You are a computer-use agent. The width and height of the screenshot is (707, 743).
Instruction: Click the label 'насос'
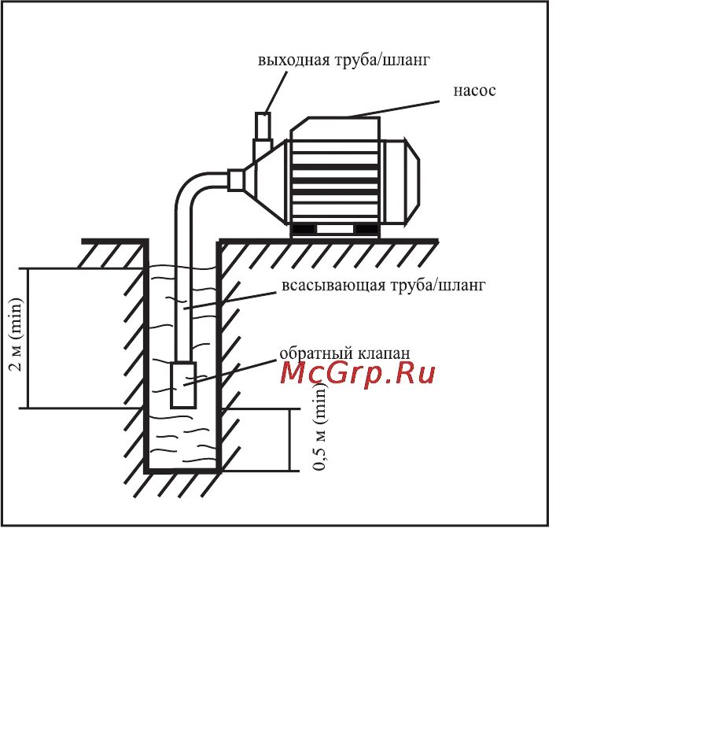point(474,91)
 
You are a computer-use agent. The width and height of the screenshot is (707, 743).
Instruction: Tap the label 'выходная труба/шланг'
point(344,60)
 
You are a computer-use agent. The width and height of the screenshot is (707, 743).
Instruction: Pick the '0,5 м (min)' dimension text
point(320,427)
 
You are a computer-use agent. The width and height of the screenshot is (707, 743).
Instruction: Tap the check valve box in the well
point(182,384)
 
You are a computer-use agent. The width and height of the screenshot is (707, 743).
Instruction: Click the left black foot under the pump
point(304,229)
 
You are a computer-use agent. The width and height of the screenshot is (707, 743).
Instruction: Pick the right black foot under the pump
point(365,229)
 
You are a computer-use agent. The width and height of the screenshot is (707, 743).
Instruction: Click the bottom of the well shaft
point(182,469)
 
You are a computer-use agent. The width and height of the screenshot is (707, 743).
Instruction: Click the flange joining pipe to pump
point(235,180)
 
